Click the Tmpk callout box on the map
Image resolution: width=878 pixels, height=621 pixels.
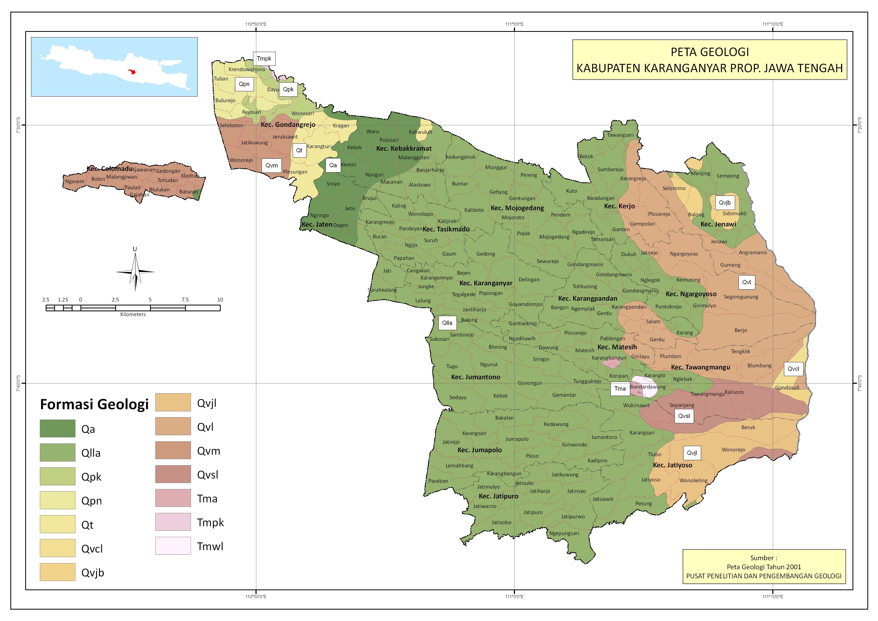tap(264, 58)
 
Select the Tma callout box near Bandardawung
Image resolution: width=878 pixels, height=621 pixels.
tap(620, 389)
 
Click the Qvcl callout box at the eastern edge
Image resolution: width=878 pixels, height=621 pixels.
tap(793, 369)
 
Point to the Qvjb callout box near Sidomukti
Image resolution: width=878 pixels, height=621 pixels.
tap(724, 203)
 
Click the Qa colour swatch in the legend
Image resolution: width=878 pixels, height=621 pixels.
tap(57, 428)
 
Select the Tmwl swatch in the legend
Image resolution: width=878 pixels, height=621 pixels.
tap(173, 546)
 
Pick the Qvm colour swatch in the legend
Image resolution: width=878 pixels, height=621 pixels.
tap(173, 450)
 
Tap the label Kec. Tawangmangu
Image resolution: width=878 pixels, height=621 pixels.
tap(701, 367)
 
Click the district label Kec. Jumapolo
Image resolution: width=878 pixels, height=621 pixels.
tap(479, 450)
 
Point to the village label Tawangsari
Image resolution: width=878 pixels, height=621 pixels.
tap(620, 135)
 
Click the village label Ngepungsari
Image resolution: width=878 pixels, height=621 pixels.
tap(564, 533)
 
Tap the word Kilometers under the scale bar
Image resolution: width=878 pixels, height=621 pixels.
tap(133, 314)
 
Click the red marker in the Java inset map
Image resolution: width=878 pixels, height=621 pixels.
tap(132, 71)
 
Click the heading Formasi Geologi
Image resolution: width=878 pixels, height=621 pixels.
tap(94, 404)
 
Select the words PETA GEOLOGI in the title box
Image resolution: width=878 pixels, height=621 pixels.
tap(710, 52)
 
